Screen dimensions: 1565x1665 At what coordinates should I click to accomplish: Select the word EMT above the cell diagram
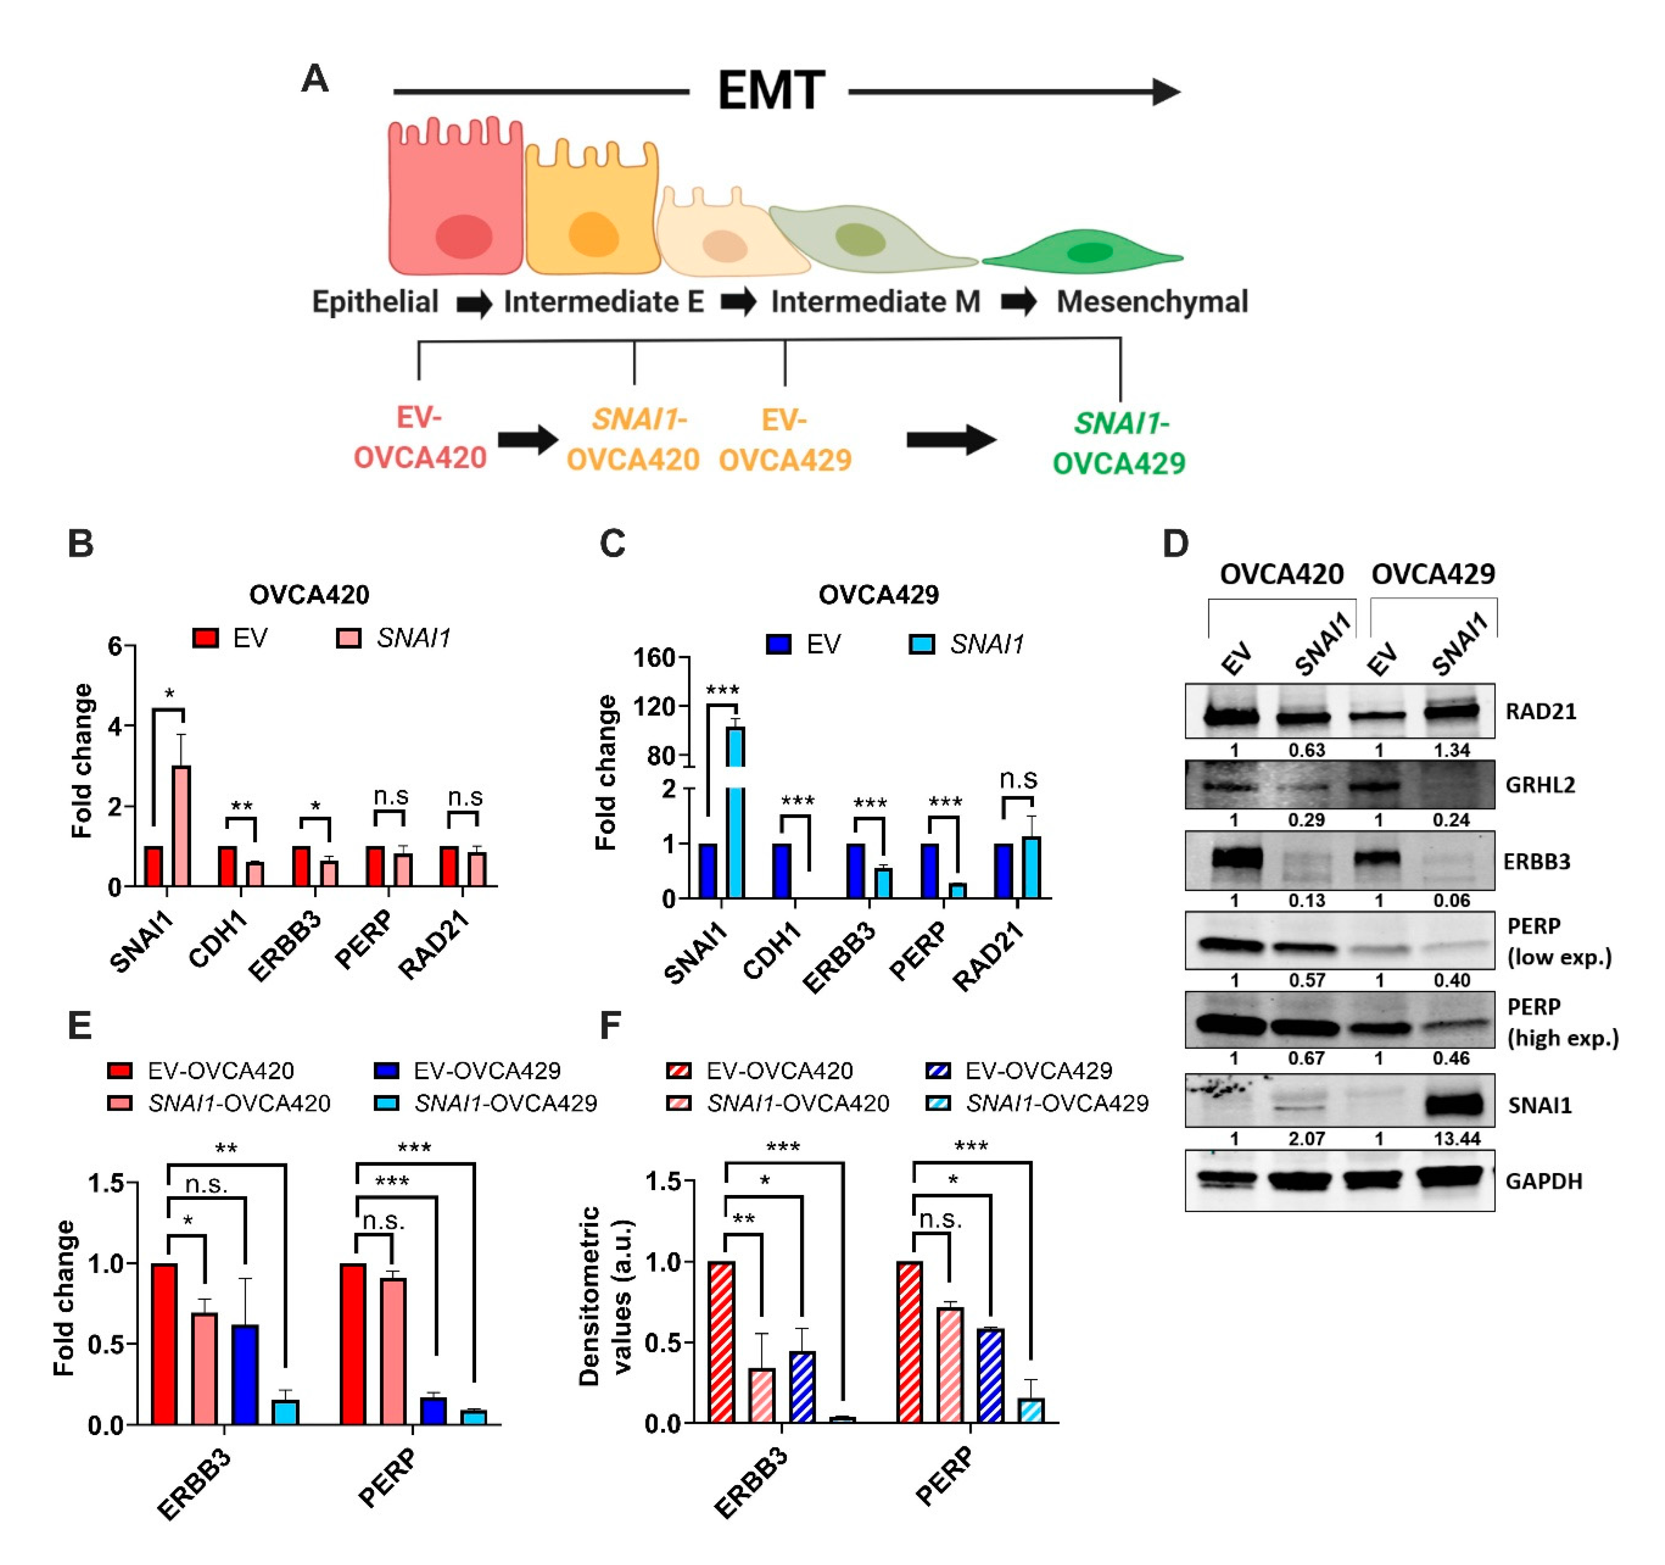[771, 91]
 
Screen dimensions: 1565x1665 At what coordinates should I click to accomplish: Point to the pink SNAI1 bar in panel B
[181, 825]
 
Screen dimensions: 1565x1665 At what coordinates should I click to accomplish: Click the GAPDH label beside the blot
[1544, 1181]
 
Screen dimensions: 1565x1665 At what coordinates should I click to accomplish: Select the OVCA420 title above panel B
[309, 595]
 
